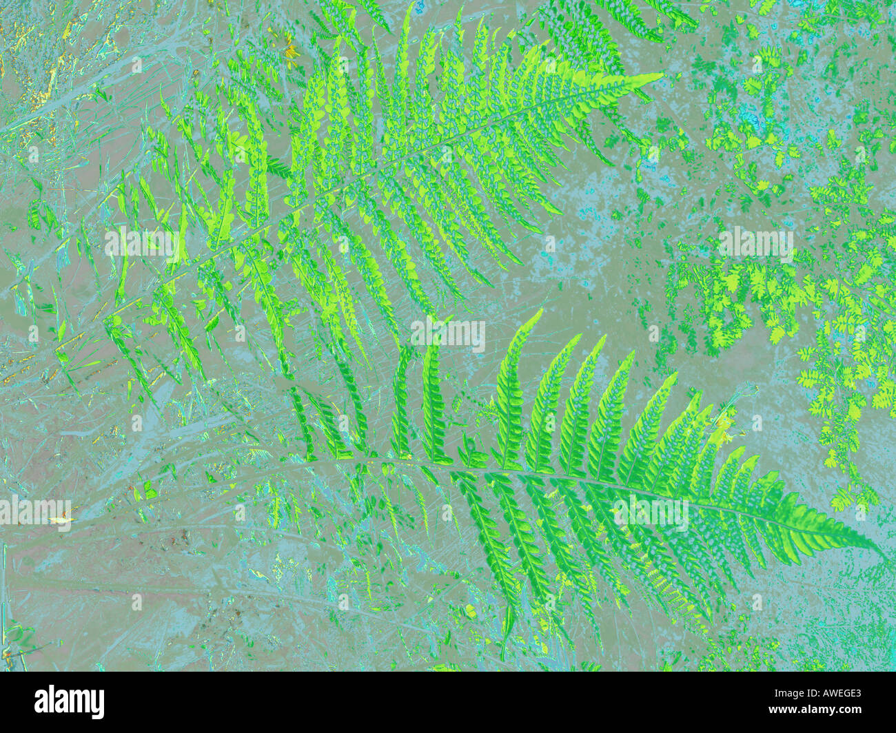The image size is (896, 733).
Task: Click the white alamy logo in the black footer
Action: (x=70, y=702)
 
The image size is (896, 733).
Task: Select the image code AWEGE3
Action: (x=831, y=694)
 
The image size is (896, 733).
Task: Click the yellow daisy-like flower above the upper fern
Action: (x=291, y=51)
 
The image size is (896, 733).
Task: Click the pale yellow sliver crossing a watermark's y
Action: (x=62, y=519)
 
